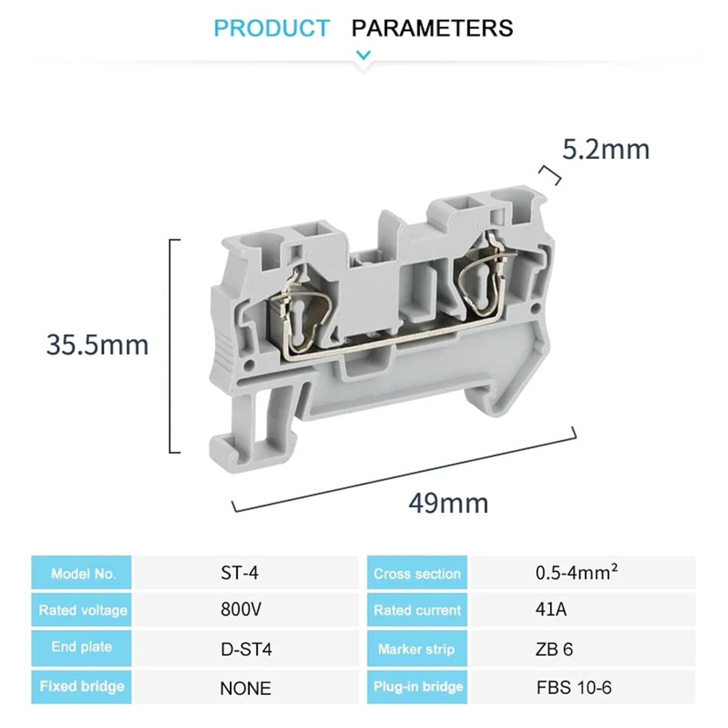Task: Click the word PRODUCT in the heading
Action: pyautogui.click(x=272, y=28)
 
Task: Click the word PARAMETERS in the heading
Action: pyautogui.click(x=432, y=28)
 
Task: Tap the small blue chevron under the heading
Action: pyautogui.click(x=364, y=55)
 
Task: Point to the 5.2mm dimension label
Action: pyautogui.click(x=606, y=149)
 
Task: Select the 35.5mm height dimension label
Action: pyautogui.click(x=98, y=345)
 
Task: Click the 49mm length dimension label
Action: pyautogui.click(x=448, y=503)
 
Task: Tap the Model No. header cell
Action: pyautogui.click(x=83, y=574)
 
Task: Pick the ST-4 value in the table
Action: pyautogui.click(x=239, y=573)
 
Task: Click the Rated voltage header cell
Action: pyautogui.click(x=83, y=610)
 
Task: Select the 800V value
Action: pyautogui.click(x=241, y=609)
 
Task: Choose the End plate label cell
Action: pyautogui.click(x=82, y=647)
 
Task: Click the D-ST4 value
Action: pyautogui.click(x=246, y=649)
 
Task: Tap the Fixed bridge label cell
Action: pyautogui.click(x=82, y=686)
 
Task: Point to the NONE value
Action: pyautogui.click(x=245, y=688)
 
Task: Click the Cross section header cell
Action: pyautogui.click(x=417, y=574)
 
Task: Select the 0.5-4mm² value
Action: pyautogui.click(x=576, y=573)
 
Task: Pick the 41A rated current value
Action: pyautogui.click(x=551, y=609)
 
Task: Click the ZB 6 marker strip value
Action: pyautogui.click(x=554, y=649)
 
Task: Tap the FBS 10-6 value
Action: pyautogui.click(x=574, y=688)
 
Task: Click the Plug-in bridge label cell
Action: pyautogui.click(x=418, y=687)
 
